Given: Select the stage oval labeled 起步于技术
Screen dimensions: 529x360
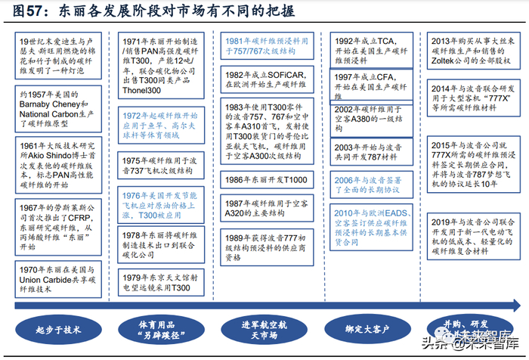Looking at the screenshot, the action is tap(57, 329).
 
